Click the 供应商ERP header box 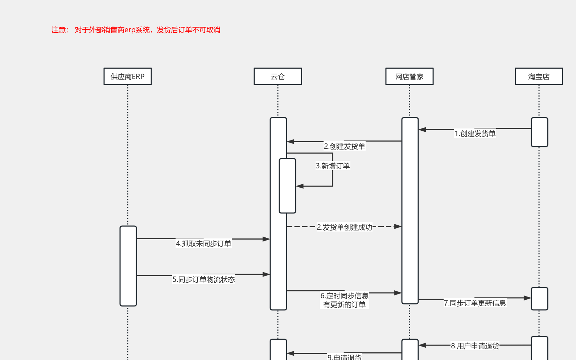coord(128,77)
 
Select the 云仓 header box coord(278,77)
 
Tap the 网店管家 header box coord(409,77)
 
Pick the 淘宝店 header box coord(539,77)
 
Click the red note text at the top coord(136,30)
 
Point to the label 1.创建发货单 coord(475,134)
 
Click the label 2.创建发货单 coord(344,146)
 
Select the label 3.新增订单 coord(333,166)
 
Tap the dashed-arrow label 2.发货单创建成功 coord(344,227)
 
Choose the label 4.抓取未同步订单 coord(203,244)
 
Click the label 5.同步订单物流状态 coord(203,279)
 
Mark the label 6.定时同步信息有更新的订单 coord(344,300)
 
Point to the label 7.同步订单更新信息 coord(475,303)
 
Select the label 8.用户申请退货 coord(475,346)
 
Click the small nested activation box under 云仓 coord(287,186)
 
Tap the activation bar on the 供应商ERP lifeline coord(128,266)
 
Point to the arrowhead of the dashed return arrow coord(398,226)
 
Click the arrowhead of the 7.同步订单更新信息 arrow coord(527,298)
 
